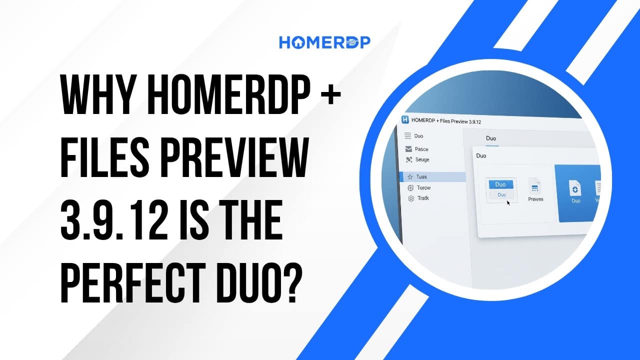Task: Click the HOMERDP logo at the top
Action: coord(324,42)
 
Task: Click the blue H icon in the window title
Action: coord(405,119)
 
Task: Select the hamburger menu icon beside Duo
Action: coord(407,135)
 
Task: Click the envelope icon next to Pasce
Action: coord(408,149)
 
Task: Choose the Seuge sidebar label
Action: coord(422,159)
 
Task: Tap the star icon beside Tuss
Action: coord(410,176)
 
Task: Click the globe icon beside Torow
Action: coord(410,187)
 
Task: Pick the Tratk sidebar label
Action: coord(422,198)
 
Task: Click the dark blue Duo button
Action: coord(500,184)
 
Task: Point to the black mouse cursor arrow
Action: coord(508,202)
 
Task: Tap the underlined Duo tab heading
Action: coord(491,138)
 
